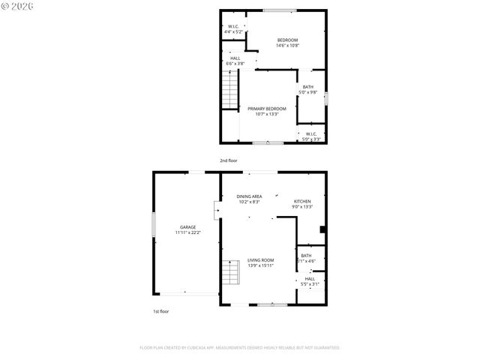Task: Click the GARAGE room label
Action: [x=187, y=226]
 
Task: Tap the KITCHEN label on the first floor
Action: [x=302, y=201]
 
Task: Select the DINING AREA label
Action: [x=250, y=196]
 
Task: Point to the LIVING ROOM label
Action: [x=261, y=259]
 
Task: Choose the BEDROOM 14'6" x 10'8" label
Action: [x=288, y=40]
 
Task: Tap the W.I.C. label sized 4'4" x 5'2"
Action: [x=233, y=27]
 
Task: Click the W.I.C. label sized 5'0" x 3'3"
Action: [x=311, y=135]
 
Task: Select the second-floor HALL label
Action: [x=235, y=58]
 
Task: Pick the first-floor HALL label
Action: [x=310, y=278]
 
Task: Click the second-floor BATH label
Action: [x=308, y=87]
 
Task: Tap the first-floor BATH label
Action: [x=307, y=256]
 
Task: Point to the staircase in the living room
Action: [x=232, y=271]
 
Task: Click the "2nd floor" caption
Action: [x=229, y=160]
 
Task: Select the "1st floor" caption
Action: [x=160, y=311]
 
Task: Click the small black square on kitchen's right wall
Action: [x=322, y=230]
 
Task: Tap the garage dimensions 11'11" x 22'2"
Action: [x=187, y=233]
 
